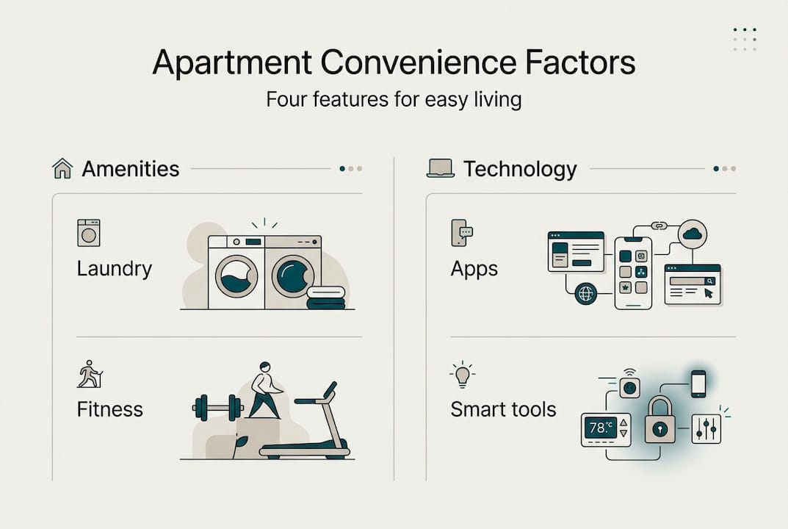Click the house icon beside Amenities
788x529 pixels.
pyautogui.click(x=62, y=169)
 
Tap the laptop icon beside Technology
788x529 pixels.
pyautogui.click(x=441, y=169)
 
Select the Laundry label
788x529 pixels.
pyautogui.click(x=115, y=268)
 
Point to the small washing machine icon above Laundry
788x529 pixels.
pyautogui.click(x=88, y=233)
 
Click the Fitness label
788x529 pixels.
pyautogui.click(x=110, y=409)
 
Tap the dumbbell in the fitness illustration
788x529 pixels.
pyautogui.click(x=217, y=406)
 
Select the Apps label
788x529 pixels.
pyautogui.click(x=474, y=269)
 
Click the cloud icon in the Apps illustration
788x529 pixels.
pyautogui.click(x=692, y=234)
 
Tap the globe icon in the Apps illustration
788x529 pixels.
pyautogui.click(x=585, y=292)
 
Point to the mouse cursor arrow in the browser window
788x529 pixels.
pyautogui.click(x=708, y=293)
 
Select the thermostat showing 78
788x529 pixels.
pyautogui.click(x=605, y=428)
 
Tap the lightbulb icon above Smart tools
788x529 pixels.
pyautogui.click(x=462, y=375)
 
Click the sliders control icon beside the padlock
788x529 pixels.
pyautogui.click(x=706, y=428)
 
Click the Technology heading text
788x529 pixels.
pyautogui.click(x=520, y=169)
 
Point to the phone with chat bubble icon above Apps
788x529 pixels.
pyautogui.click(x=461, y=232)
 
